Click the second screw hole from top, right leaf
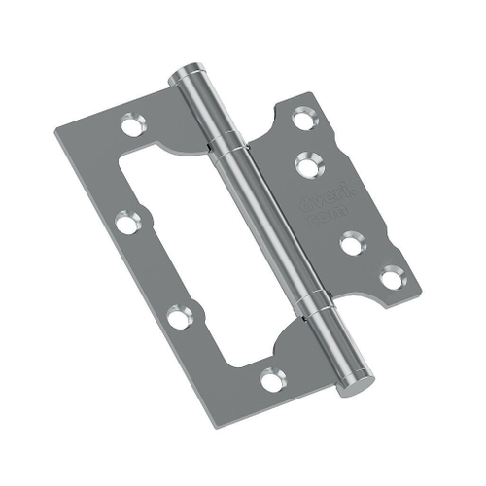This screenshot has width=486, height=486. click(310, 163)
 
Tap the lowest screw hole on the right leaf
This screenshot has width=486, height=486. click(391, 279)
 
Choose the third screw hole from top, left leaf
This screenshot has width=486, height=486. click(177, 316)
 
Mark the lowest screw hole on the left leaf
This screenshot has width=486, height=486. click(273, 379)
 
